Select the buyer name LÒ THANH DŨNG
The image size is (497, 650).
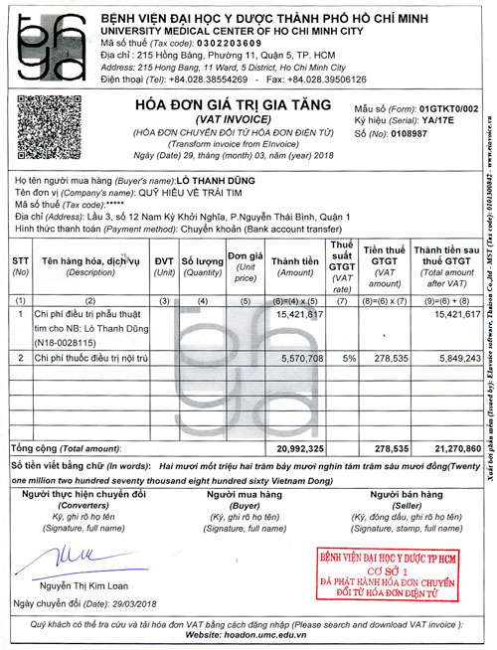[216, 180]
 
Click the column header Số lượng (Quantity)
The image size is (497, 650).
[201, 266]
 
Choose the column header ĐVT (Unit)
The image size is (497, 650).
[165, 266]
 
